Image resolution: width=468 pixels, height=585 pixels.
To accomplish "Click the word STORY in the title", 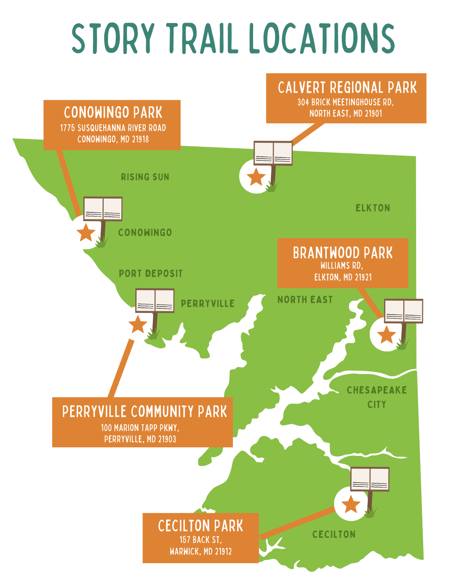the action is pos(113,38).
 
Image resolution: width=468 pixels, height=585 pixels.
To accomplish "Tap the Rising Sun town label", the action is pos(145,177).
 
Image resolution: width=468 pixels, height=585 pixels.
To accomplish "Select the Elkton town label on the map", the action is pos(373,208).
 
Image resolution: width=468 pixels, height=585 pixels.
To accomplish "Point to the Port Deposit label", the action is pos(151,273).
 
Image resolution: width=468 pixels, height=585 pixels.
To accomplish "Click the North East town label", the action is pos(305,300).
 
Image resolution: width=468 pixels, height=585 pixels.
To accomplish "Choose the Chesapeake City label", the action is pos(377,397).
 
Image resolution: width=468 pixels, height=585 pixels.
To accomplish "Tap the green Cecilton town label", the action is pos(334,534).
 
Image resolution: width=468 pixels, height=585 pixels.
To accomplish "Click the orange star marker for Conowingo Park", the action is pos(86,232).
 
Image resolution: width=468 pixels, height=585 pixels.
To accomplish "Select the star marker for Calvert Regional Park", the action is pos(256,177).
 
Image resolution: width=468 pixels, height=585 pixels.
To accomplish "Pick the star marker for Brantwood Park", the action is pos(386,335).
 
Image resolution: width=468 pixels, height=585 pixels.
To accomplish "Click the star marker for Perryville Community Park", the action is pos(138,324).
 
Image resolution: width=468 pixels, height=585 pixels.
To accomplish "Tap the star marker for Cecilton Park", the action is pos(351,504).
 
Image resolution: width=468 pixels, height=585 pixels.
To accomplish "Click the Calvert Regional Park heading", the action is pos(347,88).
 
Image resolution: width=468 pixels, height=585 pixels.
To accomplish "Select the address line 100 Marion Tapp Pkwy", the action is pos(140,428).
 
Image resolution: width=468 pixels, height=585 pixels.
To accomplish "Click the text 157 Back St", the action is pos(200,540).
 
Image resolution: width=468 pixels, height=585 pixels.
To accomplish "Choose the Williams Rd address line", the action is pos(342,266).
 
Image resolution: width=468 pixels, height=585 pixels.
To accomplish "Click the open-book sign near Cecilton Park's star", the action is pos(370,479).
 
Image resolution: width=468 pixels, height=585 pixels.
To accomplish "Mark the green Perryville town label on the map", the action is pos(208,303).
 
